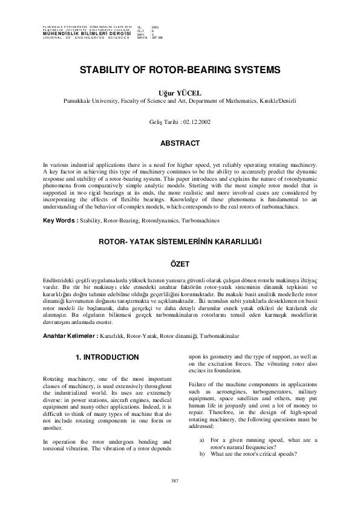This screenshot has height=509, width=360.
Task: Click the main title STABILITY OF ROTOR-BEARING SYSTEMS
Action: click(180, 70)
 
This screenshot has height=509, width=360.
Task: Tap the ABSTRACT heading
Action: click(179, 143)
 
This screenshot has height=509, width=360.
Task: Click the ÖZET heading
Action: click(179, 264)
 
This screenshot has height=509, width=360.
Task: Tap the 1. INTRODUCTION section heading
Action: click(107, 357)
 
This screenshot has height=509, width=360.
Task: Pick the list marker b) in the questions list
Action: click(201, 453)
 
